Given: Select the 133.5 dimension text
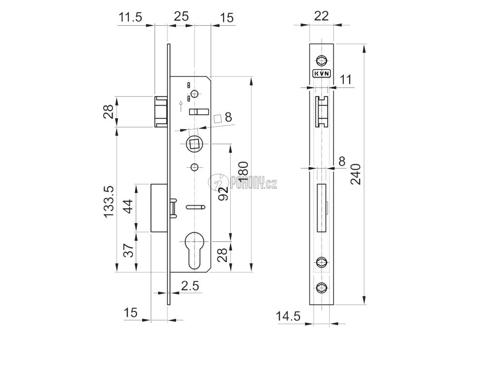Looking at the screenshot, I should click(x=108, y=201).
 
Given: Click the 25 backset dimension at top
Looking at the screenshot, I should click(x=181, y=16).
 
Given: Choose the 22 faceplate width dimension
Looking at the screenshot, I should click(x=322, y=16).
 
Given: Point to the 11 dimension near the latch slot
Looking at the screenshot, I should click(x=346, y=79).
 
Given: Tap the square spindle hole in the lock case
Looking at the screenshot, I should click(x=194, y=143).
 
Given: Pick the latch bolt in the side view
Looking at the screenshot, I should click(x=161, y=111).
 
